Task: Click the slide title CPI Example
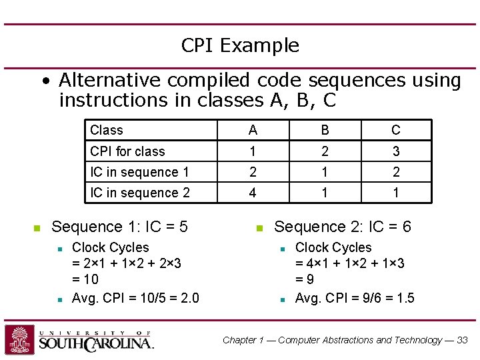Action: [240, 45]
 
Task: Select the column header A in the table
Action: [253, 130]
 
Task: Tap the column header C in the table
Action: [396, 130]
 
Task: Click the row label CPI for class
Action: [127, 151]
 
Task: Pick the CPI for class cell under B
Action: [325, 151]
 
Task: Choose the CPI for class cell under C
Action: [396, 151]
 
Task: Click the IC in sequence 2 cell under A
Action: [253, 193]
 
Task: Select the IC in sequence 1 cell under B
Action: [325, 172]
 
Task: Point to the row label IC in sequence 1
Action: [139, 172]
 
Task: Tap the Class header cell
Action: [107, 130]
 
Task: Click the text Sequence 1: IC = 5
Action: [119, 227]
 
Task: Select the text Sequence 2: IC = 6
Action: [343, 227]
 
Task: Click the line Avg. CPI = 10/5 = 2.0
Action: [135, 297]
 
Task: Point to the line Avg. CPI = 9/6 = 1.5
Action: [355, 297]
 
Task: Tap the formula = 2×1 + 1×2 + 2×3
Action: [127, 263]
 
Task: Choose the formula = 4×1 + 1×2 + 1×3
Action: [350, 263]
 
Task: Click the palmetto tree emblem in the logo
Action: [20, 339]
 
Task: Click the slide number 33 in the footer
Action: [462, 340]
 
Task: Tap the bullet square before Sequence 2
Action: [260, 228]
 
